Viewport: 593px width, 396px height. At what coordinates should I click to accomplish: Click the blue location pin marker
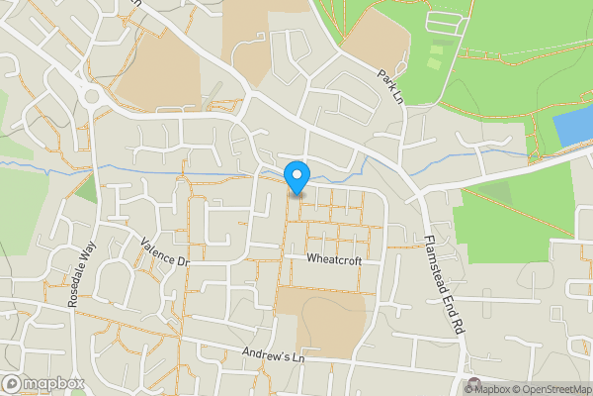pyautogui.click(x=296, y=177)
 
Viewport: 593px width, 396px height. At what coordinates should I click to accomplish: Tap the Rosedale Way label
pyautogui.click(x=81, y=276)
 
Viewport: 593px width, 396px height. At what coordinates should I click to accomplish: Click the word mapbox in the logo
pyautogui.click(x=54, y=383)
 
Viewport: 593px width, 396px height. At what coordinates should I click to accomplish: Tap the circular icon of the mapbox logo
pyautogui.click(x=12, y=383)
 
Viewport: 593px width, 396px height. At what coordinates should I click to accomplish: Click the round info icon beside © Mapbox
pyautogui.click(x=473, y=385)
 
